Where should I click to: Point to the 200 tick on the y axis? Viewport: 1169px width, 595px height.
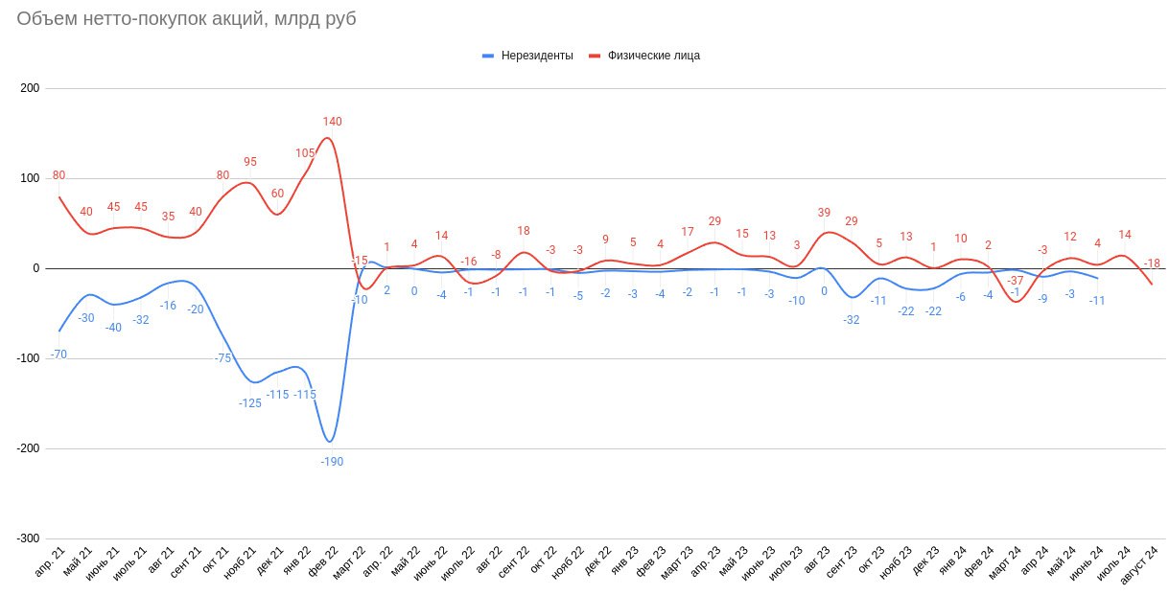click(x=29, y=88)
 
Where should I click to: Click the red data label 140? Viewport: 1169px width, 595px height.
click(x=332, y=122)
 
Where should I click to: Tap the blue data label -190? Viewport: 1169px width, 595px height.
click(x=332, y=461)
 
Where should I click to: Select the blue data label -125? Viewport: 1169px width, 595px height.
click(x=250, y=402)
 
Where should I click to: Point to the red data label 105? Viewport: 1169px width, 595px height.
click(x=305, y=153)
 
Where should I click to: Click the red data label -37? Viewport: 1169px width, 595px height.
click(x=1015, y=281)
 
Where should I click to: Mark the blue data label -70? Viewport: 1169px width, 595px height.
click(x=58, y=355)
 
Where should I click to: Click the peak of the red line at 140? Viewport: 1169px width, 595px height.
click(x=328, y=138)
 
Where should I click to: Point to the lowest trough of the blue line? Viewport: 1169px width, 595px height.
click(x=330, y=442)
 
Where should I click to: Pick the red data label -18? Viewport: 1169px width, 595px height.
click(x=1152, y=263)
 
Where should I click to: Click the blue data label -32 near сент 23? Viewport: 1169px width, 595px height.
click(x=851, y=320)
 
